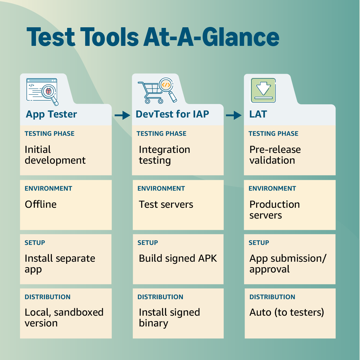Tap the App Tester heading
coord(51,114)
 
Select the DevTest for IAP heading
coord(172,114)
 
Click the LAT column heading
coord(258,114)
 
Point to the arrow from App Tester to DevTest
coord(122,115)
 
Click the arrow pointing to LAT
coord(234,115)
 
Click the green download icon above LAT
coord(263,91)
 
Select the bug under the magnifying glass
coord(49,91)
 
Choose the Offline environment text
coord(40,204)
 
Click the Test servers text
coord(166,204)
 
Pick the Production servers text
coord(274,210)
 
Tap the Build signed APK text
coord(178,258)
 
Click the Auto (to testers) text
coord(287,312)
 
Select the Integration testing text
coord(164,155)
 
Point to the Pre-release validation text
coord(275,155)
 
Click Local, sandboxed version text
coord(64,317)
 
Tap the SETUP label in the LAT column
coord(259,243)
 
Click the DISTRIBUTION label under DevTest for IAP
coord(160,297)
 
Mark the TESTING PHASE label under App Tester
coord(49,134)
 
